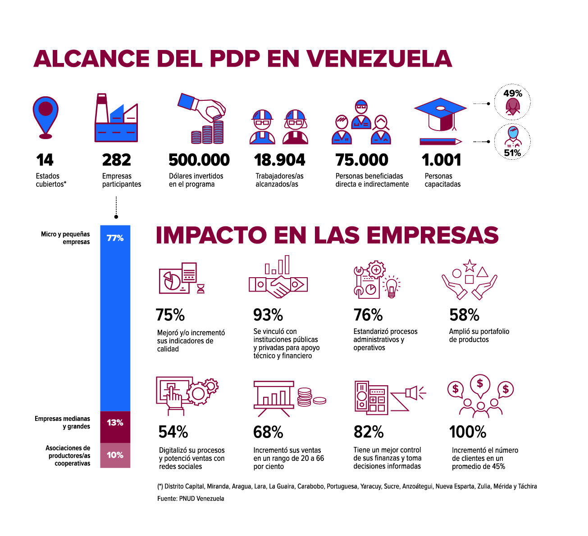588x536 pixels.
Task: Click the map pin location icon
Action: pos(46,117)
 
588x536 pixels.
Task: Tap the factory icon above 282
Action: pos(116,118)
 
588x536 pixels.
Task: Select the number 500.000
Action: pos(199,160)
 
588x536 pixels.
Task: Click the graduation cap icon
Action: pos(440,115)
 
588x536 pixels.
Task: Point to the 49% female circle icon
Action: pos(512,102)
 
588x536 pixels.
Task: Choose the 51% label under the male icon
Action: pos(512,153)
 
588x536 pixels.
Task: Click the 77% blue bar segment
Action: pos(115,318)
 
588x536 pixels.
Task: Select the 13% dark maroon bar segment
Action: pos(115,427)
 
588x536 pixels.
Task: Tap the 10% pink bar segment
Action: pos(115,455)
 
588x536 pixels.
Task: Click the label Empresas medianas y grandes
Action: pos(62,422)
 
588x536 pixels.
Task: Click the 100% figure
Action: pos(468,432)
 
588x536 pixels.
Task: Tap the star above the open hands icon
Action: pos(469,266)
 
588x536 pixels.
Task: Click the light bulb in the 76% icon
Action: pos(392,287)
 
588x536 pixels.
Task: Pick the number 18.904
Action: pos(279,160)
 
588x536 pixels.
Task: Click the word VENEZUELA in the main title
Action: pos(379,59)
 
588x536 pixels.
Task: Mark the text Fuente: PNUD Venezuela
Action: pos(191,499)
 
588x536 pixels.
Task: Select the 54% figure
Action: pos(173,432)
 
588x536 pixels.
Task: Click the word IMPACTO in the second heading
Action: pos(211,235)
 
